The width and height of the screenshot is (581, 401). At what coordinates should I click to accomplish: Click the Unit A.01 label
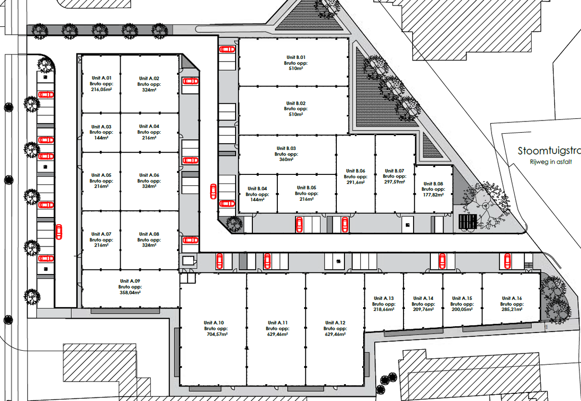[x=101, y=78]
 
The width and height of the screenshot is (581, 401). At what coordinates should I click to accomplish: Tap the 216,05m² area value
[x=101, y=90]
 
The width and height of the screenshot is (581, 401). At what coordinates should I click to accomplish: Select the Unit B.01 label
[x=295, y=57]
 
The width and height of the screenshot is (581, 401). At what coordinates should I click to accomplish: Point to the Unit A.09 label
[x=130, y=281]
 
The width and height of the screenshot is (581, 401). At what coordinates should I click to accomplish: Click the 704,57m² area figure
[x=217, y=334]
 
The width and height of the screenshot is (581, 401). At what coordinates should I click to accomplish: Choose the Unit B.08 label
[x=433, y=184]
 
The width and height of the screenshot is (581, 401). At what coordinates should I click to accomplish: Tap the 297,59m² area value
[x=394, y=182]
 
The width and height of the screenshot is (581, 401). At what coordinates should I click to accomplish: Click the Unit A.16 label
[x=512, y=298]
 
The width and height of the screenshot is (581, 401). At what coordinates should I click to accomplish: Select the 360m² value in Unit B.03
[x=286, y=159]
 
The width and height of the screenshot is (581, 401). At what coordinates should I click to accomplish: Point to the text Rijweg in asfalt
[x=551, y=162]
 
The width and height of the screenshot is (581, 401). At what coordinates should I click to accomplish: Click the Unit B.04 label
[x=257, y=188]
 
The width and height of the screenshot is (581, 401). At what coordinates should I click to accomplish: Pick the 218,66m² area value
[x=384, y=309]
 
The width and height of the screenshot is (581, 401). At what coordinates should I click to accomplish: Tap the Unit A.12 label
[x=335, y=323]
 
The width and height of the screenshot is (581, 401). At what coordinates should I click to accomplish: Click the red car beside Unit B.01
[x=227, y=49]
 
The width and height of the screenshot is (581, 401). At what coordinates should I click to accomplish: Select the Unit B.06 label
[x=355, y=171]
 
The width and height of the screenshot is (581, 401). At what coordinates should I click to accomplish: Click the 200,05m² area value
[x=462, y=309]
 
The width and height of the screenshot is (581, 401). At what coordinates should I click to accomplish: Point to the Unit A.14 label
[x=423, y=298]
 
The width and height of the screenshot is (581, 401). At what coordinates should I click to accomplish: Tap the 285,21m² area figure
[x=512, y=309]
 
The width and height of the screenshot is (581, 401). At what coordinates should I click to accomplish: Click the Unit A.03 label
[x=101, y=126]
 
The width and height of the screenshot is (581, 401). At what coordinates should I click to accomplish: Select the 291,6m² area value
[x=355, y=182]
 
